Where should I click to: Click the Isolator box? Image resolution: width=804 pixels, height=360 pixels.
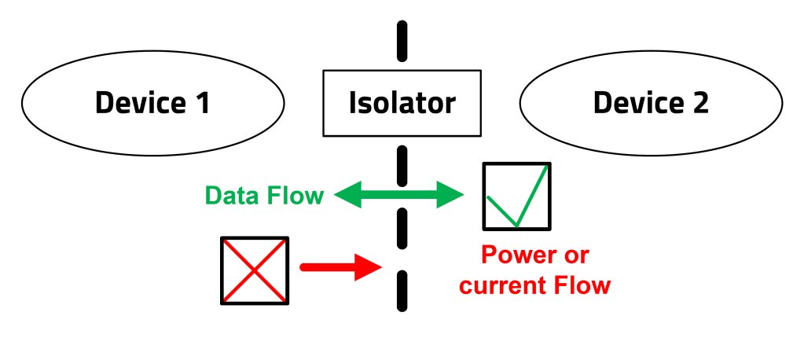(x=402, y=103)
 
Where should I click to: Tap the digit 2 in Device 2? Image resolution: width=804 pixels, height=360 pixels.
(x=699, y=103)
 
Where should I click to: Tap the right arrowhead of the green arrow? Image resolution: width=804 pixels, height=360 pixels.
(x=452, y=195)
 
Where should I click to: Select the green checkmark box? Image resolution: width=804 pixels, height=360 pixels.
(x=516, y=197)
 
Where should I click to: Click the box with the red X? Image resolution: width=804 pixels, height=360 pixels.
(x=255, y=270)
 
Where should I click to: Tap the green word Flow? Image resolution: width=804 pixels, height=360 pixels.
(x=297, y=195)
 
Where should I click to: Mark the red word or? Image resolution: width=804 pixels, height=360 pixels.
(x=576, y=255)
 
